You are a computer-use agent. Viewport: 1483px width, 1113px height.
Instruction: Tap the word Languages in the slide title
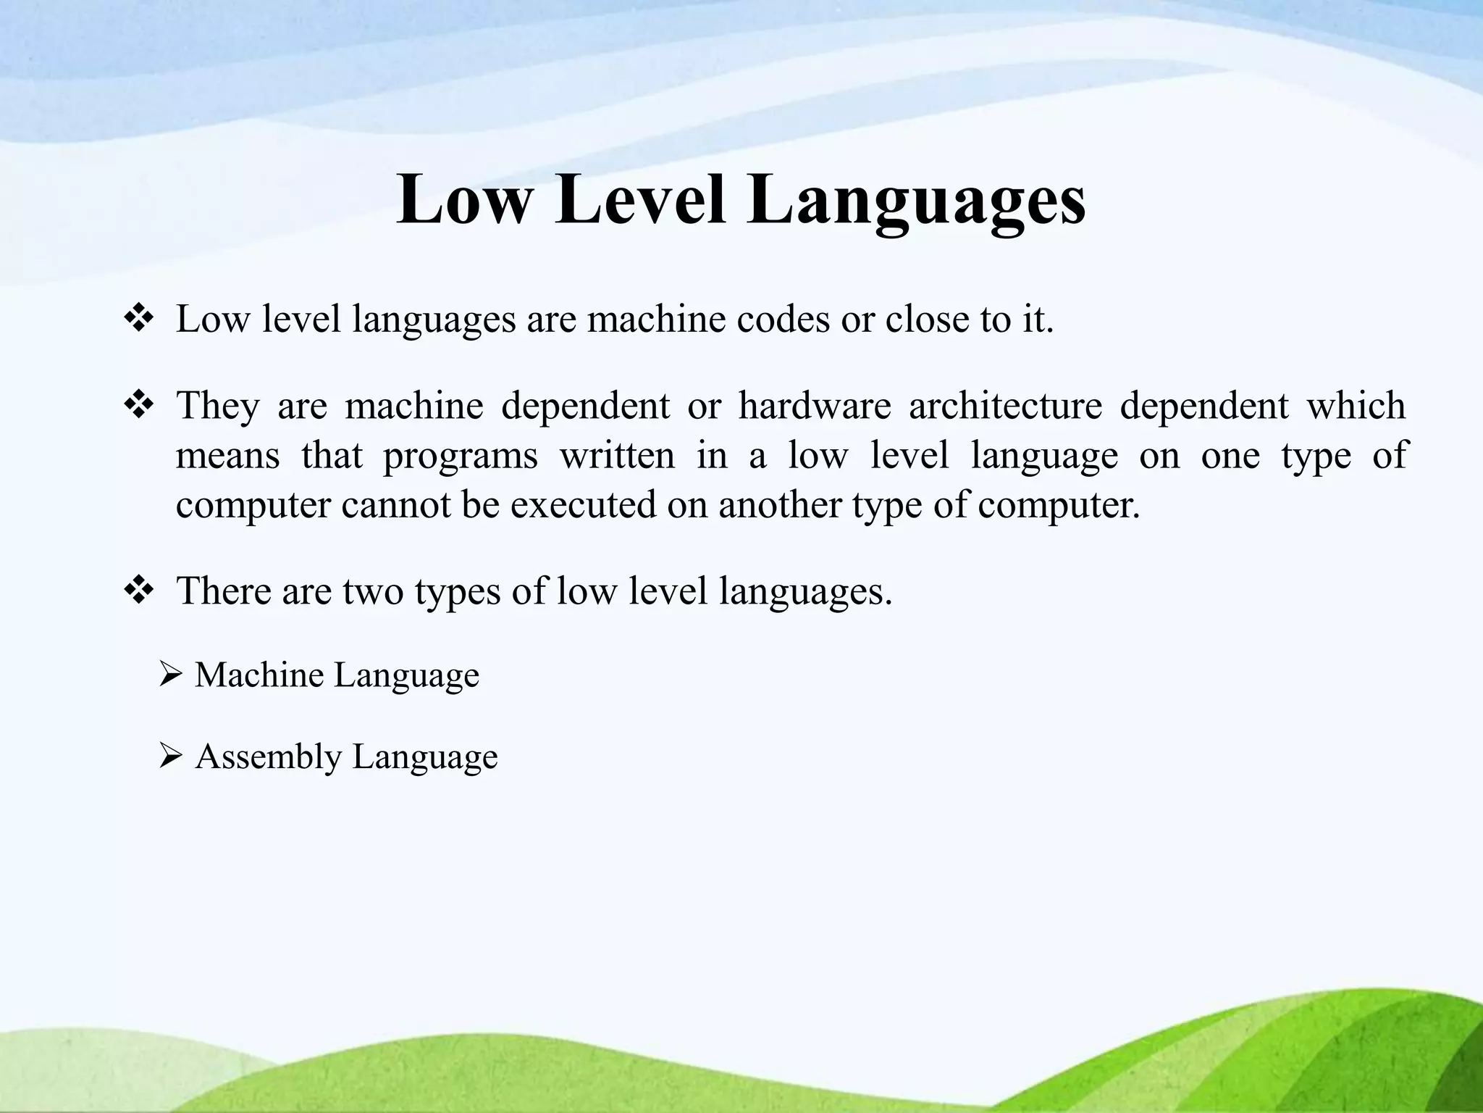pos(917,199)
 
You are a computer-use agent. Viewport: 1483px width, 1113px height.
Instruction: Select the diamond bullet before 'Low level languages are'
pos(138,320)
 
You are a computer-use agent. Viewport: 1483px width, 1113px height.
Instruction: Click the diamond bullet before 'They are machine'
pos(138,405)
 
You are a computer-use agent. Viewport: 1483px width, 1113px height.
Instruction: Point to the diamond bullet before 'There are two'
pos(138,591)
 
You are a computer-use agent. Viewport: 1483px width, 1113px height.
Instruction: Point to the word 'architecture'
pos(1005,405)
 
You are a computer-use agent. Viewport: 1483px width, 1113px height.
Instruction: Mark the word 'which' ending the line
pos(1356,405)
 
